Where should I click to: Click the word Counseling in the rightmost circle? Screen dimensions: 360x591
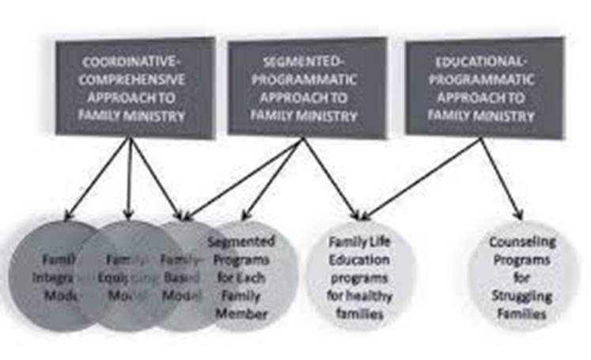(x=521, y=241)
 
